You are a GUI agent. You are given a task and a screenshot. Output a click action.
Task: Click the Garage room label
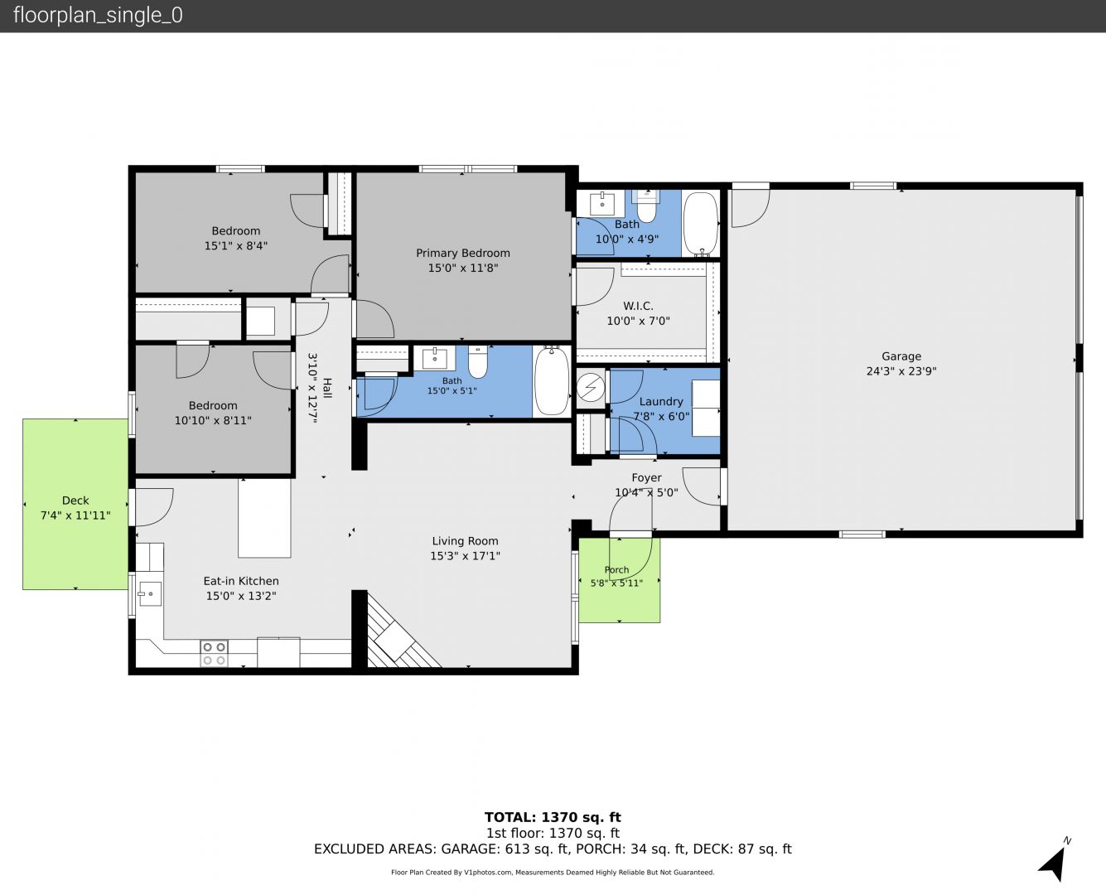[x=901, y=356]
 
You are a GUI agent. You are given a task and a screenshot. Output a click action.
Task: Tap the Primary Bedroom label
[x=462, y=253]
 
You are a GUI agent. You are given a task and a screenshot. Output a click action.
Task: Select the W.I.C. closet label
[x=638, y=306]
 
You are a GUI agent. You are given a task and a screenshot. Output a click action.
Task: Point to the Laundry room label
[x=661, y=402]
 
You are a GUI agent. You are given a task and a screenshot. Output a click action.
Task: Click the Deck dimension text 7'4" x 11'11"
[x=76, y=515]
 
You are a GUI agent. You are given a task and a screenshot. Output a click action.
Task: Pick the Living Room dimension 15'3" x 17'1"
[x=465, y=556]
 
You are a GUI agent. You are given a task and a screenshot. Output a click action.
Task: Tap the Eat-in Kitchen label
[x=241, y=581]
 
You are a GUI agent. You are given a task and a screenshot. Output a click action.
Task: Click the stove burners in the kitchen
[x=214, y=654]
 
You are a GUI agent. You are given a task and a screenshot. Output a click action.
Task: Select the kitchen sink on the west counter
[x=150, y=593]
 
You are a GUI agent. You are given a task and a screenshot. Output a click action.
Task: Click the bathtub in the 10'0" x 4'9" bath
[x=701, y=225]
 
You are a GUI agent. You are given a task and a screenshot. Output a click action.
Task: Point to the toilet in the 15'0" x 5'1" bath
[x=478, y=361]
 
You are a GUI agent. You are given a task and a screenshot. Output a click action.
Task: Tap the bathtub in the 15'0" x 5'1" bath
[x=552, y=381]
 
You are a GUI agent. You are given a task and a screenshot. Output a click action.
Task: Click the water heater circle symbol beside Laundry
[x=591, y=387]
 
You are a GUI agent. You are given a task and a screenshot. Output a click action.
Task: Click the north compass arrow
[x=1054, y=864]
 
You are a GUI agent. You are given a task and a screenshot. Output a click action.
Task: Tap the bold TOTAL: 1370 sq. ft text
[x=553, y=817]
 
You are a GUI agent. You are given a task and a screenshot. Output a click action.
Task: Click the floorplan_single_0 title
[x=98, y=16]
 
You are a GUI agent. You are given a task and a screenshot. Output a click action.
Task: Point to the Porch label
[x=616, y=570]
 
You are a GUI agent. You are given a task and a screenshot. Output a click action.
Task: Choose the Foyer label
[x=646, y=477]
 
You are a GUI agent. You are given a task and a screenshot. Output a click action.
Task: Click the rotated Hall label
[x=327, y=389]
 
